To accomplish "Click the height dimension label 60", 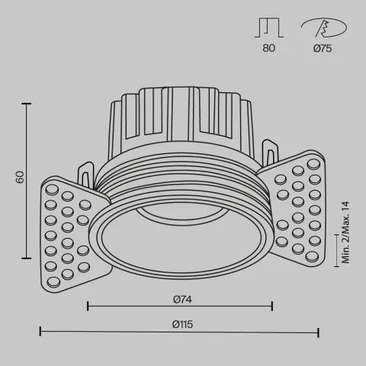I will (x=21, y=177).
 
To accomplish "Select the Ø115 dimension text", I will (x=181, y=323).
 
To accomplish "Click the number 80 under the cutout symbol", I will (x=268, y=48).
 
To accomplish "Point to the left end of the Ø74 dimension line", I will (x=88, y=307).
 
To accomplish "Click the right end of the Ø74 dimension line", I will (x=272, y=307).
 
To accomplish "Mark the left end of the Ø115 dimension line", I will (x=40, y=332).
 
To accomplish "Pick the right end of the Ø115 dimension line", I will (x=319, y=332).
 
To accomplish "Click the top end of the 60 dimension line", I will (x=29, y=101).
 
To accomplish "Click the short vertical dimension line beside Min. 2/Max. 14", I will (x=336, y=250).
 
